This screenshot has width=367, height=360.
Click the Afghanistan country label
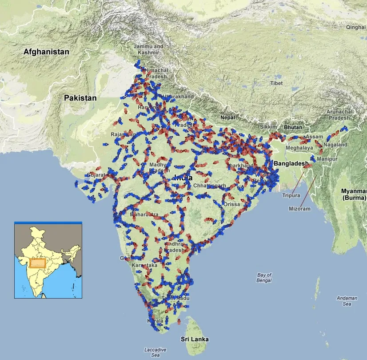tap(46, 52)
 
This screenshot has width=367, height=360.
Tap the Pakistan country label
tap(80, 97)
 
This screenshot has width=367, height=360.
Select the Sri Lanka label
tap(195, 339)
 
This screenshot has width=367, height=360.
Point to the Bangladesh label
tap(291, 164)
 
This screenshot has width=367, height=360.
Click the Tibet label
tap(276, 83)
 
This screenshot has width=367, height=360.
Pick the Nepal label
tap(227, 117)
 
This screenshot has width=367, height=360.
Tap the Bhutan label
tap(293, 127)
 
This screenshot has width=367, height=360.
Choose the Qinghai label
tap(356, 27)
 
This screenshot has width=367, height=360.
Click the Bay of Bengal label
tap(264, 278)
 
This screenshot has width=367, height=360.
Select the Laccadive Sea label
tap(156, 352)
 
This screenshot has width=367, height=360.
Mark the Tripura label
tap(291, 195)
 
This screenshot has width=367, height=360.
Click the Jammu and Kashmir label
tap(148, 49)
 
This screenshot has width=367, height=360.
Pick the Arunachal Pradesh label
tap(339, 114)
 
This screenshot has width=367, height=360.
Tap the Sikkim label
tap(268, 127)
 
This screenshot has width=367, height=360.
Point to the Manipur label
tap(327, 158)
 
